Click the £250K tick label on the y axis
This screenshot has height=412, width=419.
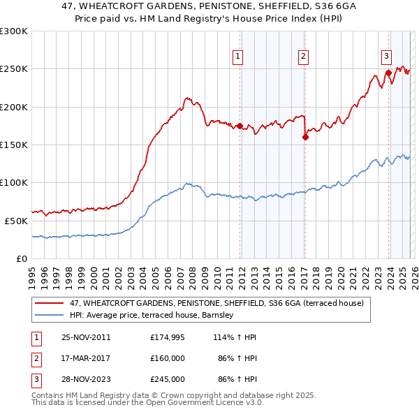pos(13,69)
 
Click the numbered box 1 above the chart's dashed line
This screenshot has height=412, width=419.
pos(238,57)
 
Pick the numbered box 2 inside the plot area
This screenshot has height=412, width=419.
pos(304,57)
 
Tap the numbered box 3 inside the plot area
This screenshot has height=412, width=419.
pos(386,57)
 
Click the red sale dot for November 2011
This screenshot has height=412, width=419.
pos(240,126)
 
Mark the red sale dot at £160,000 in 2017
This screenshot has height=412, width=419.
pos(305,138)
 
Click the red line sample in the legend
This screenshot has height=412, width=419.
pos(48,304)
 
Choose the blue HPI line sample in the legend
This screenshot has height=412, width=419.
pos(48,316)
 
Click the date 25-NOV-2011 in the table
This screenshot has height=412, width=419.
pos(86,337)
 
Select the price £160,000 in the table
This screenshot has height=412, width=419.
pos(168,358)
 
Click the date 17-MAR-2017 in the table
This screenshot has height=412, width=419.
pos(86,358)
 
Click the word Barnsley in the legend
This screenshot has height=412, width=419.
pos(222,316)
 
